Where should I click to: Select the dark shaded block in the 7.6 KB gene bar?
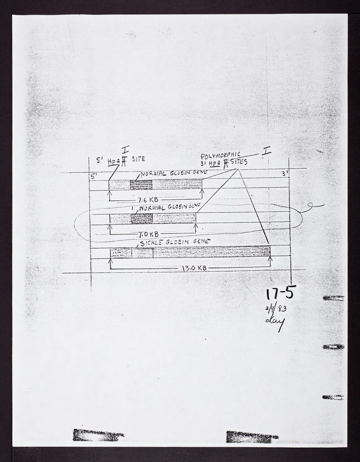point(141,185)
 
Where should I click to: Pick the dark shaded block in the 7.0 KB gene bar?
point(142,218)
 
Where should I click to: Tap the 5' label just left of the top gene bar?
point(95,175)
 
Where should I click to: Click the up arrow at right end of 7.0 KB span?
point(195,228)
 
